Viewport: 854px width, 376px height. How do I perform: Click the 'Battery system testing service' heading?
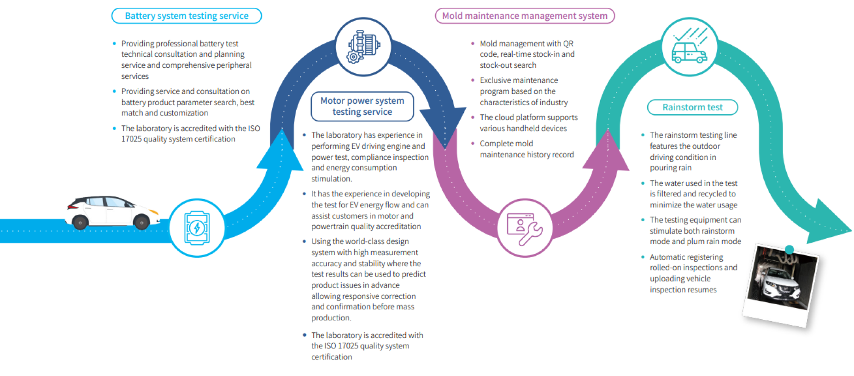click(x=187, y=16)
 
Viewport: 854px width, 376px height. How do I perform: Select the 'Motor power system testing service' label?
click(x=362, y=106)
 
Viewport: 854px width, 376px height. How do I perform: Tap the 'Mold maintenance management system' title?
click(x=525, y=16)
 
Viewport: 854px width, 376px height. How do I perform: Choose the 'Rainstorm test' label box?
click(x=692, y=107)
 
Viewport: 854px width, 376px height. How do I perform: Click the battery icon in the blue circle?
click(x=197, y=228)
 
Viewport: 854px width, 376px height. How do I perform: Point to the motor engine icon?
click(x=363, y=47)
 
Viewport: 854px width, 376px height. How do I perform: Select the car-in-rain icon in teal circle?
click(x=689, y=47)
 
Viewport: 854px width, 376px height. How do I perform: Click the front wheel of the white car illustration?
click(x=141, y=223)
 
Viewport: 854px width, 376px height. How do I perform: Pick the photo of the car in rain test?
click(x=781, y=283)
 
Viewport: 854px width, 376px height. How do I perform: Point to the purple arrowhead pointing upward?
click(x=607, y=152)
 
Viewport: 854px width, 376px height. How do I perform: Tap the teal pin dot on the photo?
click(x=789, y=250)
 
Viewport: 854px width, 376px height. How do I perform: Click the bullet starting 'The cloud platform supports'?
click(x=528, y=123)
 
